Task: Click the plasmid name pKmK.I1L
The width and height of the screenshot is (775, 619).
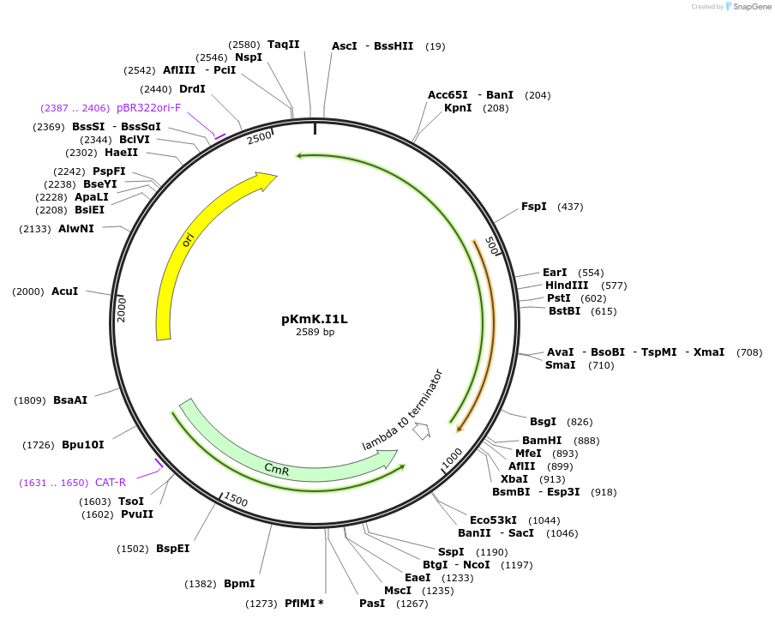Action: coord(315,319)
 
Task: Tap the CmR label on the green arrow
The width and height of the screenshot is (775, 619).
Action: coord(276,469)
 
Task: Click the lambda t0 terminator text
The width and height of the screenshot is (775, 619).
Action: coord(402,410)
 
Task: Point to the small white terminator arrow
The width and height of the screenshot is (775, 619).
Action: coord(421,431)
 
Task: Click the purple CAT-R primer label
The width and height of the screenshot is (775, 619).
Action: coord(111,483)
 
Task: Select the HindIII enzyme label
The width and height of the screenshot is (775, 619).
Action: coord(567,285)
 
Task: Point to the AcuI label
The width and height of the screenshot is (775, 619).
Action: coord(64,291)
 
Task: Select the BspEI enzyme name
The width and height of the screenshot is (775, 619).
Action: coord(172,549)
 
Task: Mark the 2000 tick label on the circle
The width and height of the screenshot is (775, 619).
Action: coord(122,309)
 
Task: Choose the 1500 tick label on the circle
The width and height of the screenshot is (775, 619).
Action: coord(236,500)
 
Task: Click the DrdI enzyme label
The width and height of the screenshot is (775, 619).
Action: coord(192,89)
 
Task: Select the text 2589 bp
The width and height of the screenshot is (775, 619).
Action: coord(315,333)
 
